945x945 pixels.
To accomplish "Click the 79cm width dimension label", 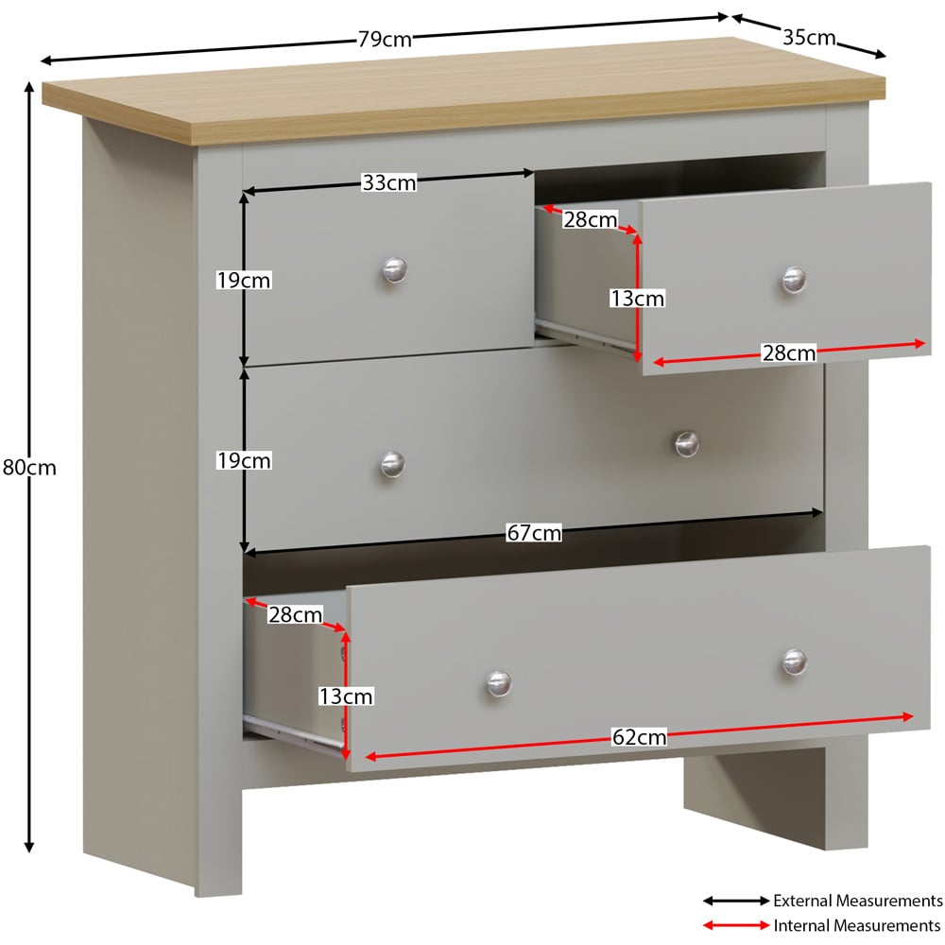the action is pyautogui.click(x=385, y=40).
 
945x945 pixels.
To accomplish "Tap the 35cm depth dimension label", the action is pyautogui.click(x=809, y=38).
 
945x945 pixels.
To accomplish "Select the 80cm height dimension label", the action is pyautogui.click(x=29, y=468).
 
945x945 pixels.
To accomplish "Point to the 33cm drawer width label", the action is pyautogui.click(x=388, y=182).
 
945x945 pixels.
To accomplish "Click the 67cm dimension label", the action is pyautogui.click(x=534, y=533).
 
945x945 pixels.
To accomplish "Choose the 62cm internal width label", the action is pyautogui.click(x=640, y=737).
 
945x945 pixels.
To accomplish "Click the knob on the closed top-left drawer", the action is pyautogui.click(x=395, y=270).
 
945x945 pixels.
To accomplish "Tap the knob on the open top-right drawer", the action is pyautogui.click(x=794, y=280).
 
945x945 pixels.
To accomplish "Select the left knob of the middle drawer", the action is pyautogui.click(x=392, y=465).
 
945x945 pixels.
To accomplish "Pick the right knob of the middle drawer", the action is pyautogui.click(x=686, y=444).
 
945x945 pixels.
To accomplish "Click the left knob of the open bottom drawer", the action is pyautogui.click(x=499, y=684).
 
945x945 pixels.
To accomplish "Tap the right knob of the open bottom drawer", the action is pyautogui.click(x=795, y=662).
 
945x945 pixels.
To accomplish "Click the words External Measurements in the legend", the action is pyautogui.click(x=858, y=901).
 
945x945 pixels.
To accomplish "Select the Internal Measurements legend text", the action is pyautogui.click(x=856, y=925).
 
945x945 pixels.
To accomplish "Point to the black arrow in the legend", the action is pyautogui.click(x=736, y=901).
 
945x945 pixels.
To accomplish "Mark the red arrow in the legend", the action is pyautogui.click(x=736, y=925).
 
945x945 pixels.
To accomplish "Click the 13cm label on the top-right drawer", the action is pyautogui.click(x=637, y=299).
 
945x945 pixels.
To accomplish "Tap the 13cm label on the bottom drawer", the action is pyautogui.click(x=346, y=696).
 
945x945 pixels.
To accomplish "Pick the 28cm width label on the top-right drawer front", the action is pyautogui.click(x=789, y=352).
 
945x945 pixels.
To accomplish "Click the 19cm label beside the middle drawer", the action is pyautogui.click(x=244, y=461).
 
